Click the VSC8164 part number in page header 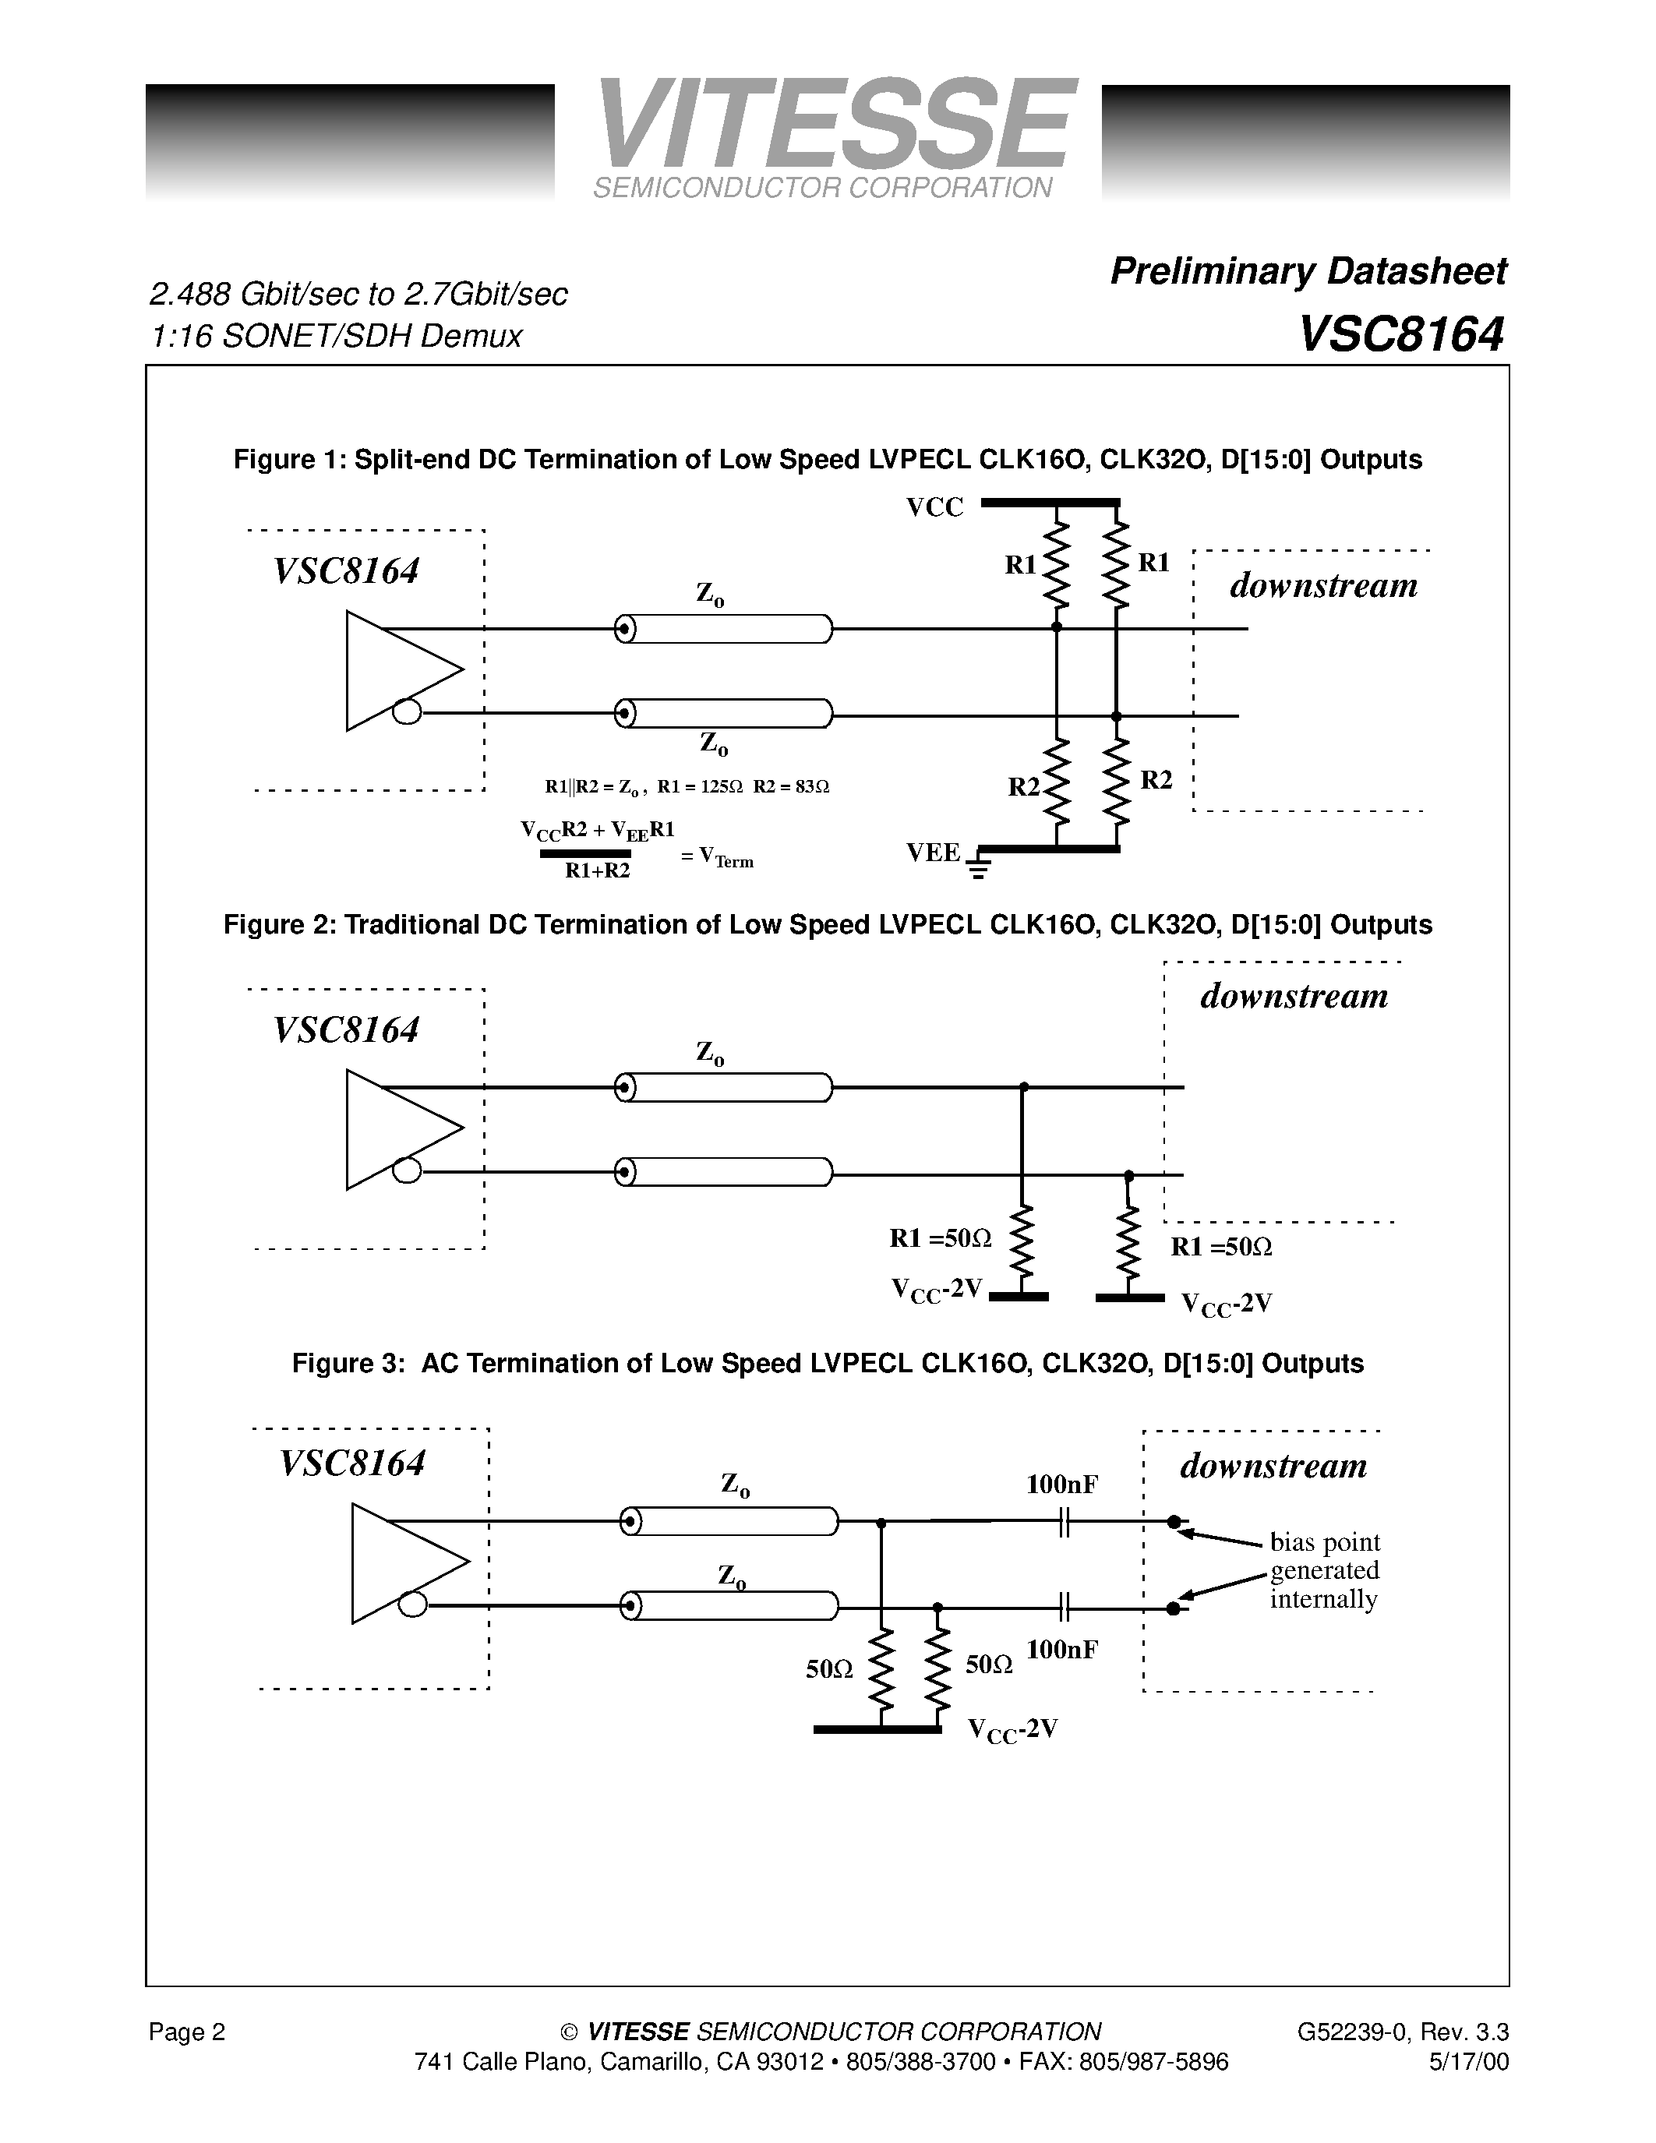[x=1401, y=336]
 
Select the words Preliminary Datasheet [x=1308, y=272]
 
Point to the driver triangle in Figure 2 [x=397, y=1129]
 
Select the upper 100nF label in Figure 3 [x=1061, y=1485]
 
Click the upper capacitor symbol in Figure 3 [x=1065, y=1523]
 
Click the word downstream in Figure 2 [x=1294, y=996]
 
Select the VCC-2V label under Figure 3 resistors [x=1012, y=1756]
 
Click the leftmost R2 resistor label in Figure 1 [x=1023, y=787]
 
